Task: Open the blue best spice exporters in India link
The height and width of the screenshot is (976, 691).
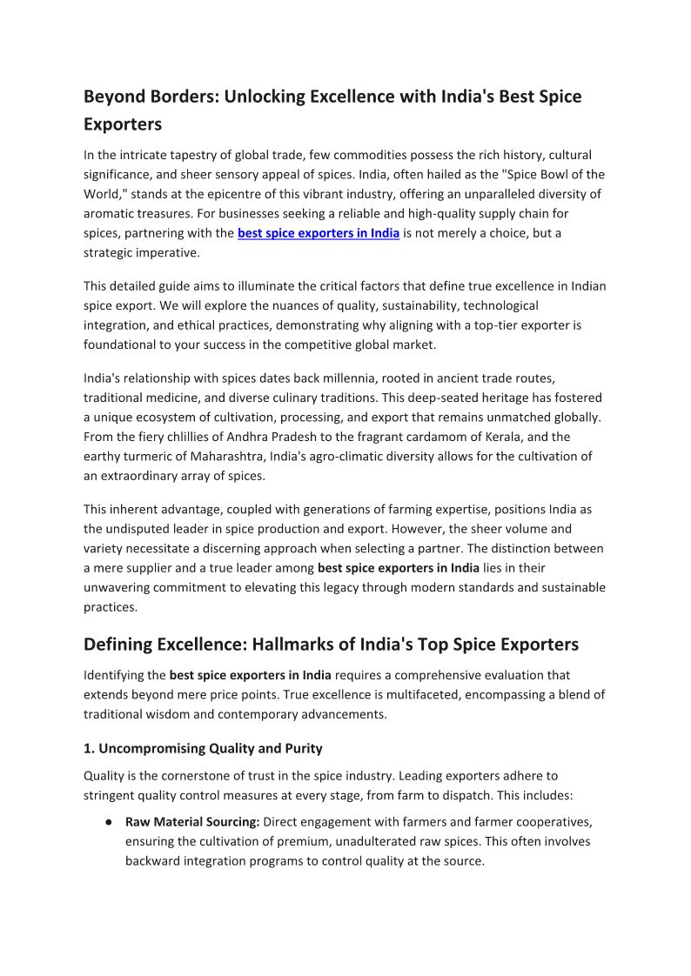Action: [319, 233]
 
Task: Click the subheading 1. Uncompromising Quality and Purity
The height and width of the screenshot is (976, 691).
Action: [203, 748]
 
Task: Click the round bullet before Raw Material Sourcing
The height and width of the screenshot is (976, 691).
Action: [105, 822]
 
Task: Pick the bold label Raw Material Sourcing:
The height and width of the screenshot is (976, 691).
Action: [192, 822]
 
